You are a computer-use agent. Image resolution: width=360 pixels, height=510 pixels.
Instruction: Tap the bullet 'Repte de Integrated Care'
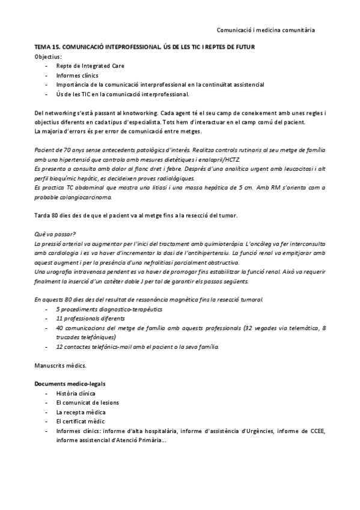tap(91, 66)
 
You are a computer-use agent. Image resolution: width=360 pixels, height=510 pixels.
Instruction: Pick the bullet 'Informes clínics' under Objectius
tap(78, 75)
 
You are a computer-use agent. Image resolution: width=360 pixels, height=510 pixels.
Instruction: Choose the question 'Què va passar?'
tap(55, 235)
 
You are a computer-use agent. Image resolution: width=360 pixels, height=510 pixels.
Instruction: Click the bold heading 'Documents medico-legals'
tap(68, 383)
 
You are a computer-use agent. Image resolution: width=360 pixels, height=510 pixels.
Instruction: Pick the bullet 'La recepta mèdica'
tap(81, 412)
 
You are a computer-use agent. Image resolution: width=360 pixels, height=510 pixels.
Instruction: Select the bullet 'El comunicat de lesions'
tap(88, 402)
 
